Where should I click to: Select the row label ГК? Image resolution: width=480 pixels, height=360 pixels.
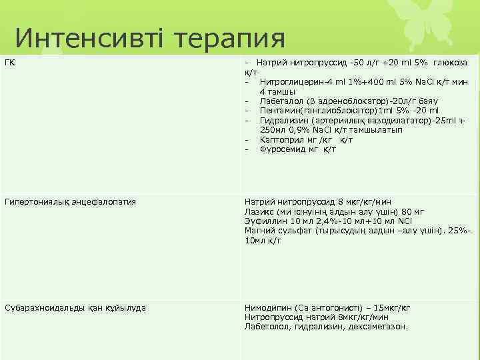9,63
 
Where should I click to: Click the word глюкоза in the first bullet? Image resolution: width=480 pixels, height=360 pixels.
451,63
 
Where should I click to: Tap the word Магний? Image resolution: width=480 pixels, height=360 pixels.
259,231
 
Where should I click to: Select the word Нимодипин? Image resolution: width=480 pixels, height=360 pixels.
267,307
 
